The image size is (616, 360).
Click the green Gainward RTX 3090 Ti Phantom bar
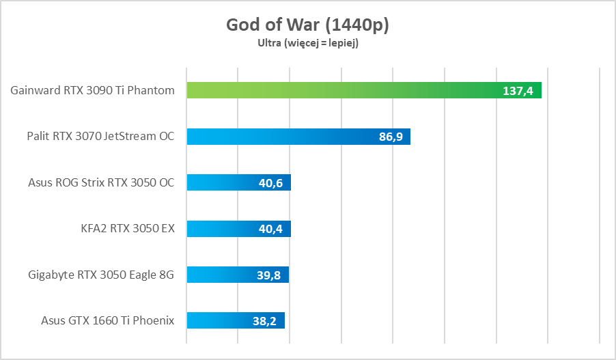(341, 90)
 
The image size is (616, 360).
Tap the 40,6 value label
(272, 182)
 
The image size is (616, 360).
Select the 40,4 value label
(272, 229)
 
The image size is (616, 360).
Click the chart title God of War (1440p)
(307, 25)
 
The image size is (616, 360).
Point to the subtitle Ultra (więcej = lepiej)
(307, 43)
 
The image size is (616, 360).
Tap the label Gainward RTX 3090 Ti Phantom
(93, 90)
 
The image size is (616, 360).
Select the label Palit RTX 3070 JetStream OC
(100, 137)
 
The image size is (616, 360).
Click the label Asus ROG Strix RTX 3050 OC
(101, 182)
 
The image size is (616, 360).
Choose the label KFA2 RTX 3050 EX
(128, 229)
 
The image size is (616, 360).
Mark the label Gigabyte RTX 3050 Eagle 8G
(101, 275)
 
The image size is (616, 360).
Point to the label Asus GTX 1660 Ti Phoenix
(107, 320)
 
